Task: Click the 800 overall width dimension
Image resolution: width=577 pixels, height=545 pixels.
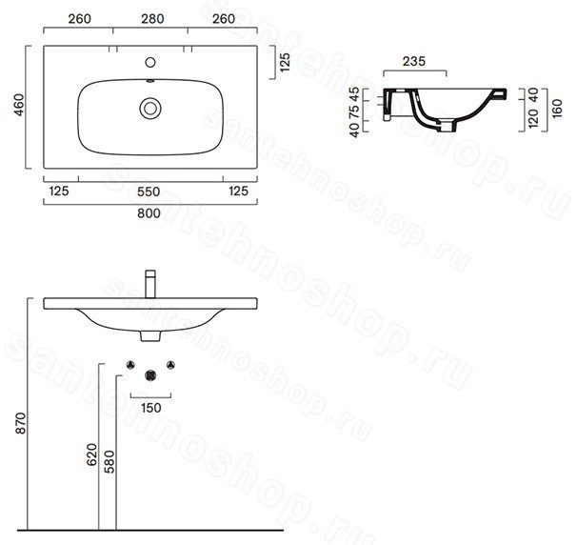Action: tap(149, 213)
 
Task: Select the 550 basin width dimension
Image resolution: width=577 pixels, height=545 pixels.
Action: tap(149, 192)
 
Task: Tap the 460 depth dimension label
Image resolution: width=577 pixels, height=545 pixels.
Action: tap(19, 105)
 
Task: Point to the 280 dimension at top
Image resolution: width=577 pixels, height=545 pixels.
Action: tap(152, 18)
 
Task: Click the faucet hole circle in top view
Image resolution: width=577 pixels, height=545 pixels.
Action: tap(150, 62)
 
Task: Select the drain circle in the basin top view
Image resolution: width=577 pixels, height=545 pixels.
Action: tap(150, 109)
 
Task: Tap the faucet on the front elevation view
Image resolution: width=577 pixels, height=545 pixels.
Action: tap(150, 284)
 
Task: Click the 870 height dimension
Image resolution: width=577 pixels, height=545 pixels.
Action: tap(21, 423)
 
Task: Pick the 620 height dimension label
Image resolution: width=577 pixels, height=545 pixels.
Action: tap(92, 454)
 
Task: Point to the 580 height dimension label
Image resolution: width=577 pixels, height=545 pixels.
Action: tap(109, 462)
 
